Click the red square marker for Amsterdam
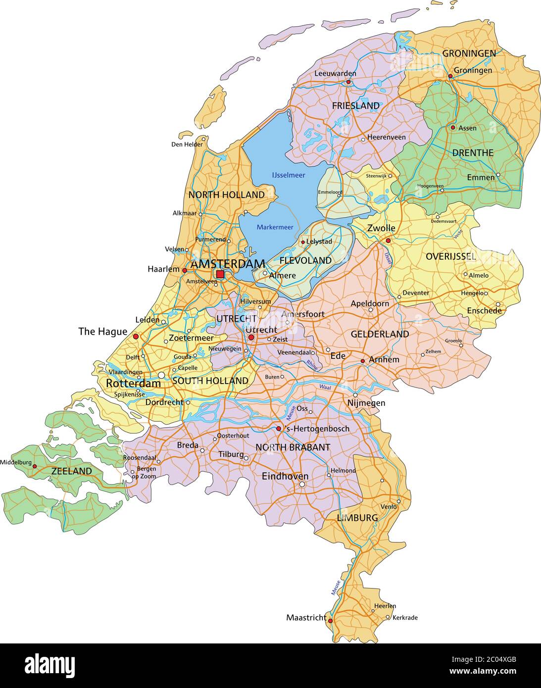220,274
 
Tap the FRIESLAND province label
355,105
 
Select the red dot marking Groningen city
450,76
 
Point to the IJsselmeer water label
289,175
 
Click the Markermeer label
275,227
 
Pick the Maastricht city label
306,618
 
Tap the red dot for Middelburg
35,466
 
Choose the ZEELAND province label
72,471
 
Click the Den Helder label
187,145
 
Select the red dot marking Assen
452,127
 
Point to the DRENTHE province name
473,153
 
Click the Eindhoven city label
285,476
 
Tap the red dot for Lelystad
303,243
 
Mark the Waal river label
325,387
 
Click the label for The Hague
103,332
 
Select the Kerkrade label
405,618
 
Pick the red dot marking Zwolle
388,241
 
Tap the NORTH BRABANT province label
293,447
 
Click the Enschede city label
484,311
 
